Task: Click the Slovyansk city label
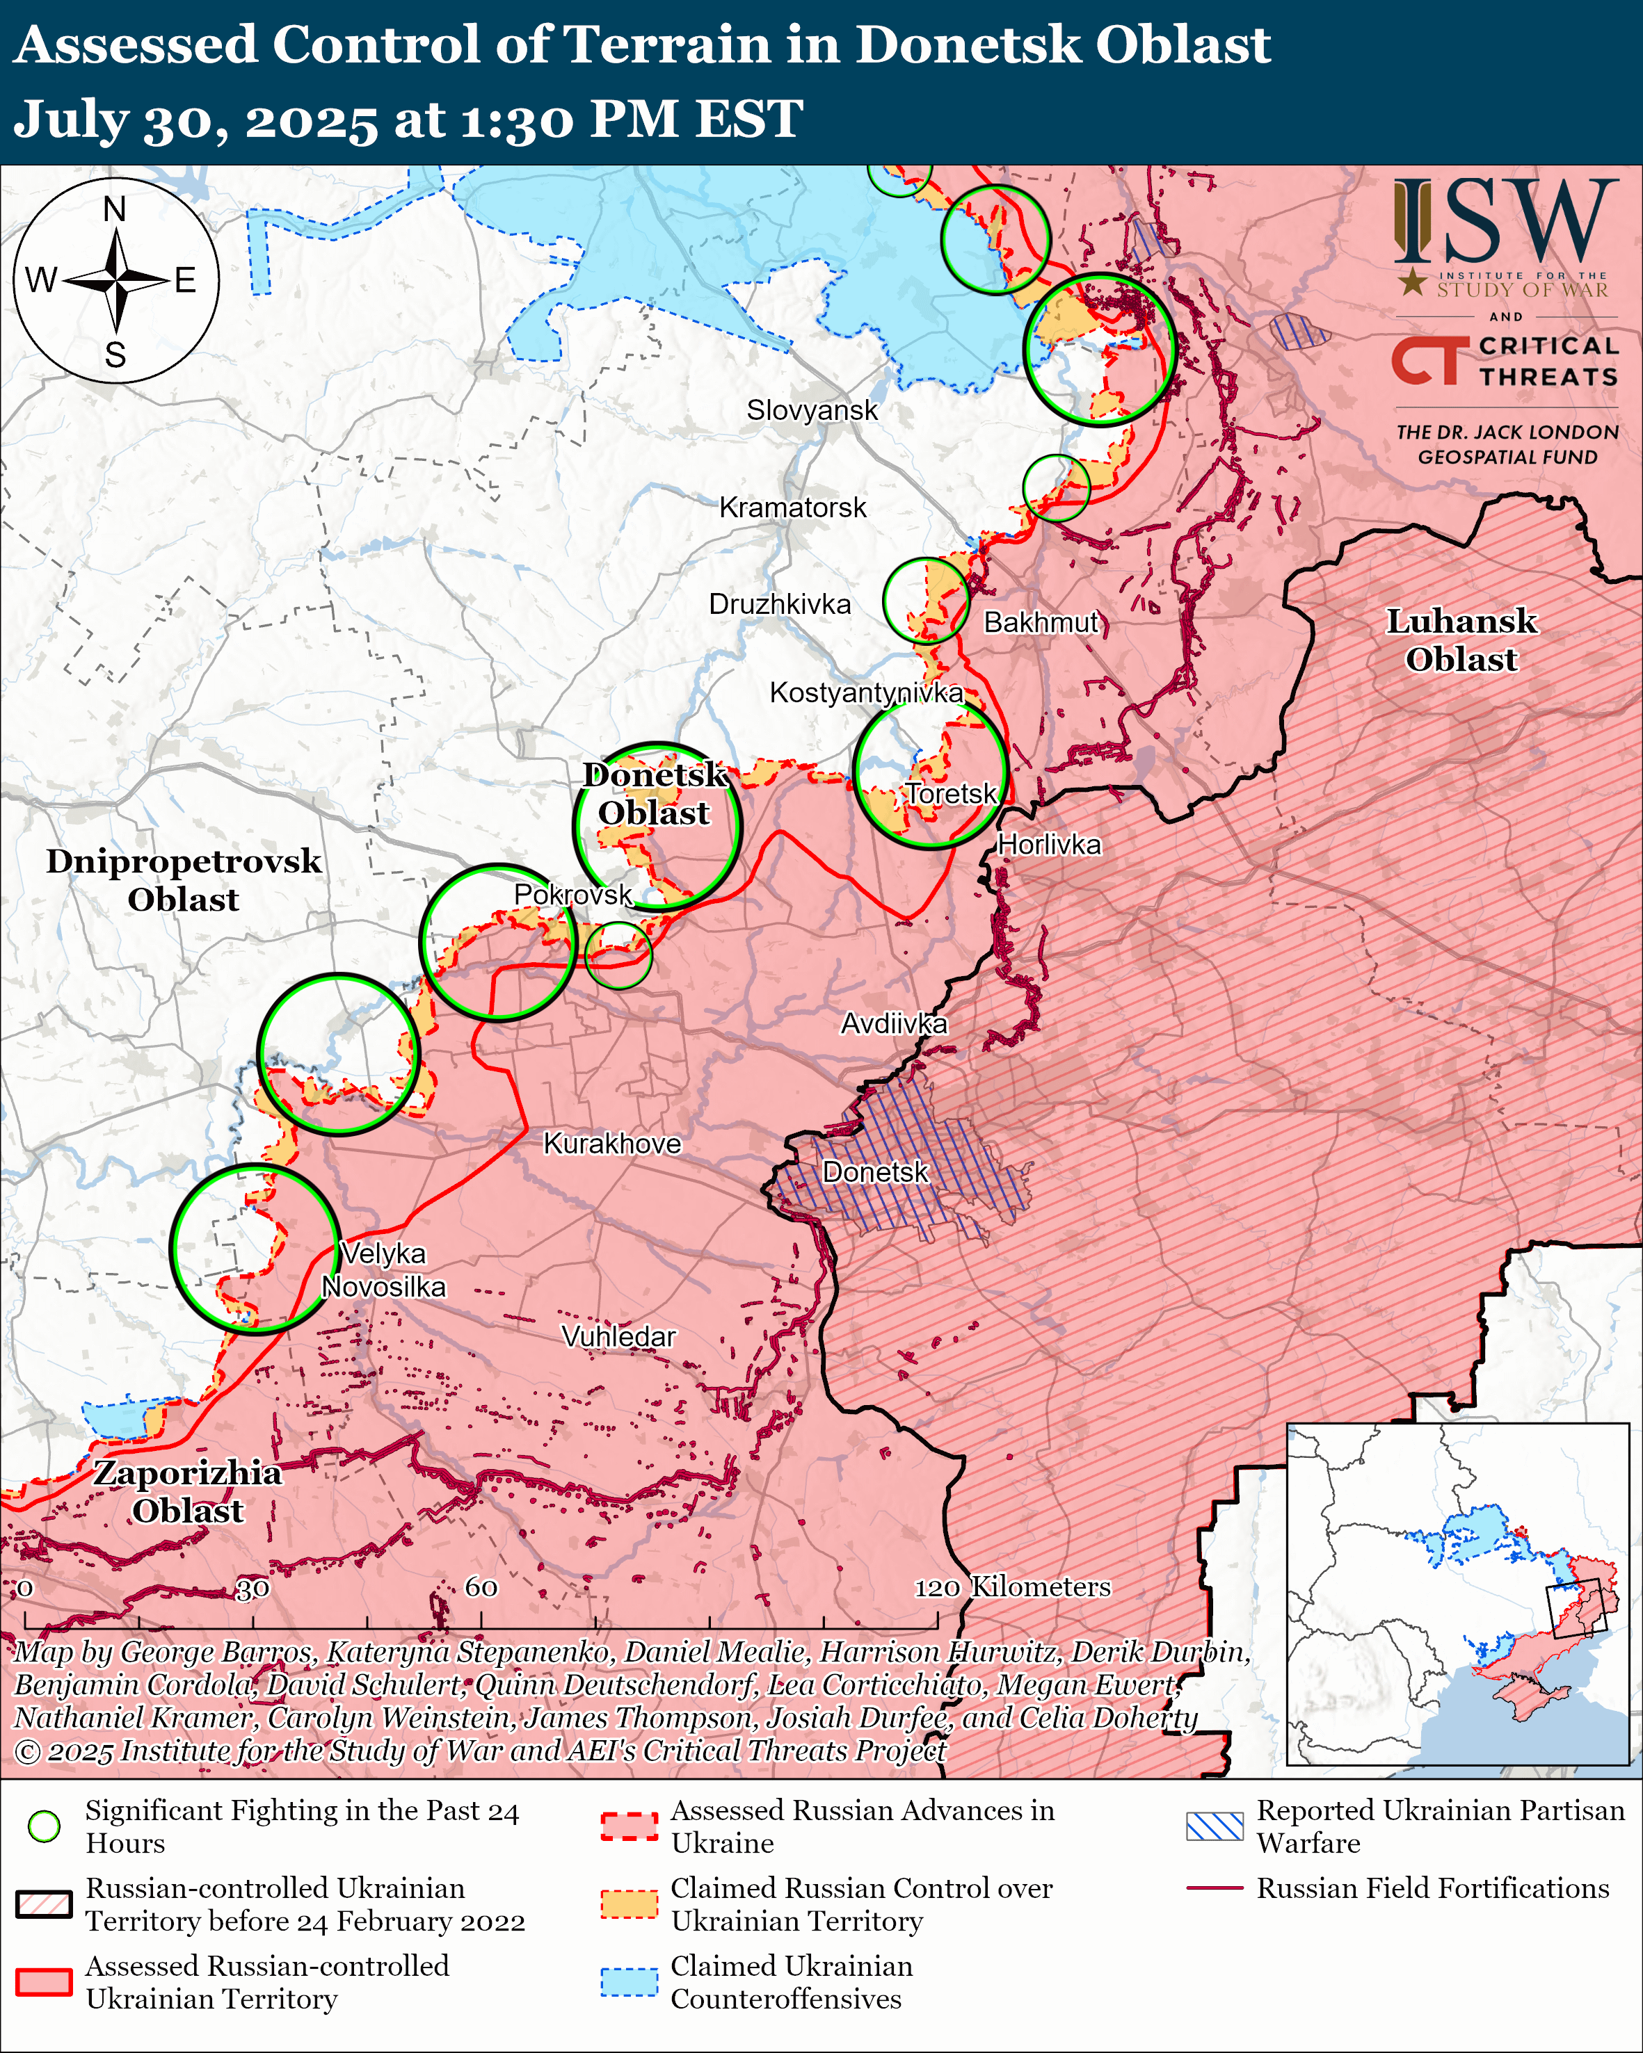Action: [x=812, y=410]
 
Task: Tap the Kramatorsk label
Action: [x=792, y=508]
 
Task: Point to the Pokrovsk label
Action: [x=572, y=894]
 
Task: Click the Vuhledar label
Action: [x=618, y=1337]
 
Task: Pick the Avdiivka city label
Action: [x=893, y=1023]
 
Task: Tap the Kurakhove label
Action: [x=611, y=1144]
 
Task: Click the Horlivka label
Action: [x=1049, y=845]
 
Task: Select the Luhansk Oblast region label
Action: [x=1460, y=640]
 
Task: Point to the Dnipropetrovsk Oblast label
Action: [x=184, y=880]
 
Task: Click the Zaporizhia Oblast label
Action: [x=188, y=1491]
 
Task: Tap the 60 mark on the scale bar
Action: [x=481, y=1587]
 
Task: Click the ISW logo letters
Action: [x=1505, y=222]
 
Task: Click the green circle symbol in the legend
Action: [x=44, y=1826]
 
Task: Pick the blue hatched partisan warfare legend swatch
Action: [x=1215, y=1826]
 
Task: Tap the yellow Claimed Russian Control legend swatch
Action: [x=629, y=1904]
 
